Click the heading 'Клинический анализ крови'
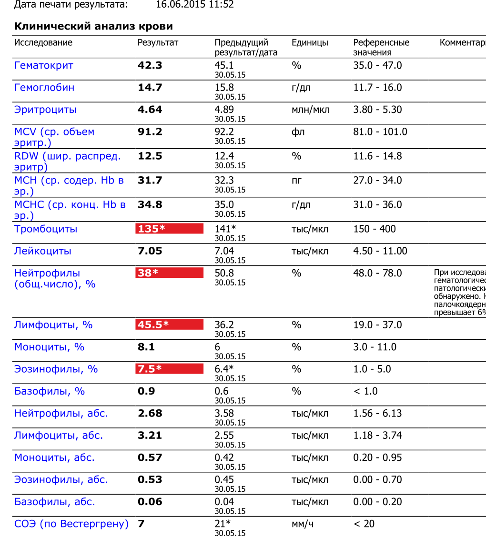93,26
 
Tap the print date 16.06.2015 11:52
195,5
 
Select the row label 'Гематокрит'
44,65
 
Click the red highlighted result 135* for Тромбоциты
169,229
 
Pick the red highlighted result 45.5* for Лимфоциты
169,325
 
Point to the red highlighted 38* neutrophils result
169,273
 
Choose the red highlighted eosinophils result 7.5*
169,369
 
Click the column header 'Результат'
158,42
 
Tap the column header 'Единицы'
310,42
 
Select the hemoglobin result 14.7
150,88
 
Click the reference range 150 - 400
375,229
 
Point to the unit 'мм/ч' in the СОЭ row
303,524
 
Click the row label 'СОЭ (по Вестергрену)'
71,524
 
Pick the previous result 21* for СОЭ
223,524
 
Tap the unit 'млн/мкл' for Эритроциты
311,110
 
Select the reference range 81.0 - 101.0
380,132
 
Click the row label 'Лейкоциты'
43,251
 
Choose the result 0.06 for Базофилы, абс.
150,501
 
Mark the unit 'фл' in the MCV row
298,132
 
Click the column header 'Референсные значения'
381,47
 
